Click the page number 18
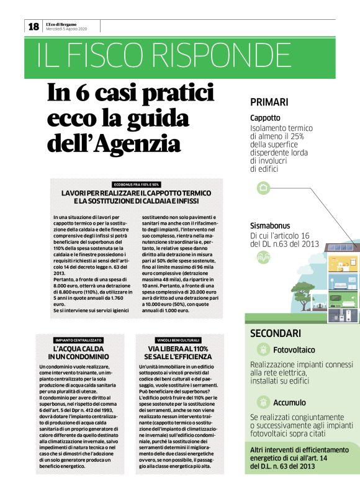point(33,26)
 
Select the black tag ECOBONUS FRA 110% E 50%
point(137,184)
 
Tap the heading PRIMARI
point(270,102)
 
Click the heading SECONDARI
point(276,333)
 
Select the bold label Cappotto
point(265,118)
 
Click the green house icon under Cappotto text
point(263,187)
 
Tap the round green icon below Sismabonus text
point(263,257)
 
